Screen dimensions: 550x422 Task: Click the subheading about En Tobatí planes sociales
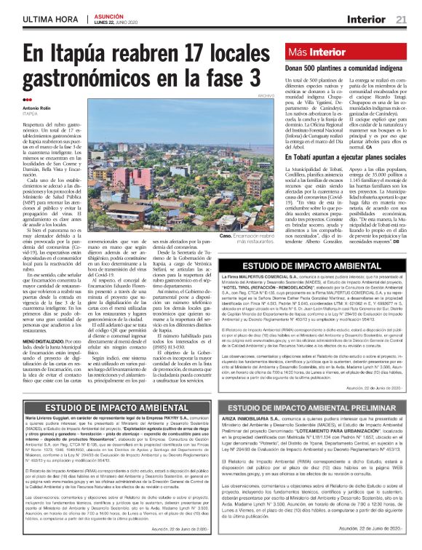[334, 156]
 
